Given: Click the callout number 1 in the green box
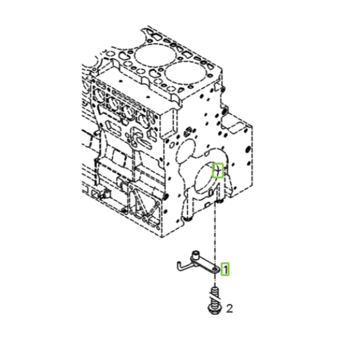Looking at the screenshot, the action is click(x=225, y=269).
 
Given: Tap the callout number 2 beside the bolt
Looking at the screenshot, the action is click(x=230, y=308).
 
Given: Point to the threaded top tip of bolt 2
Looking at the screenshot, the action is click(x=215, y=288).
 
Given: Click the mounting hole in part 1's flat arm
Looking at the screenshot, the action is click(x=214, y=269).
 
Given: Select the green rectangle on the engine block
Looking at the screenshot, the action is click(x=218, y=170).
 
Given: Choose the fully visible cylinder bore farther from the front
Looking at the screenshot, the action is click(x=155, y=55).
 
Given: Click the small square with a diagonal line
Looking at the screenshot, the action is click(x=95, y=194).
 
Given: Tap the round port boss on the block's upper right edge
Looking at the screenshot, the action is click(x=224, y=110).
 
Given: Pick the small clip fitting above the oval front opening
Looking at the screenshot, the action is click(x=188, y=131).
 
